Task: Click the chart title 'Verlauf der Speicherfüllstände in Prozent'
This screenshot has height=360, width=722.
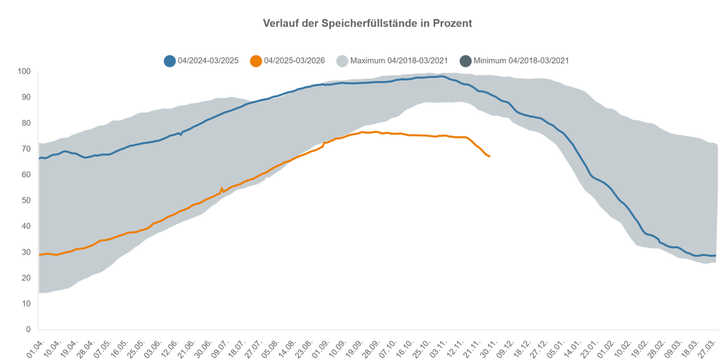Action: tap(367, 23)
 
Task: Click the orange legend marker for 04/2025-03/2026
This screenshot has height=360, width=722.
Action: tap(256, 61)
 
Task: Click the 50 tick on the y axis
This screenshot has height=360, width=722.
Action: tap(26, 200)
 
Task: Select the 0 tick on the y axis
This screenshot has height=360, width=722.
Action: tap(28, 330)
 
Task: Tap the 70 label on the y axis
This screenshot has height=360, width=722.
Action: tap(26, 149)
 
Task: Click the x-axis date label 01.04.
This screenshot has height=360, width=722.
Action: tap(35, 349)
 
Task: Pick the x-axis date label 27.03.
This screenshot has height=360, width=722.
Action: tap(708, 349)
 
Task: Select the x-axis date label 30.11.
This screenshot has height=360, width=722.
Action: tap(484, 349)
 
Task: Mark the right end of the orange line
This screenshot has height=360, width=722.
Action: tap(490, 157)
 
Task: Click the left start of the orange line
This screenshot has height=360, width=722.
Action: tap(40, 255)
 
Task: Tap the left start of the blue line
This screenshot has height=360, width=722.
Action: tap(40, 158)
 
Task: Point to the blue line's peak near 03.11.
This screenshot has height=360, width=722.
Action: tap(441, 76)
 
